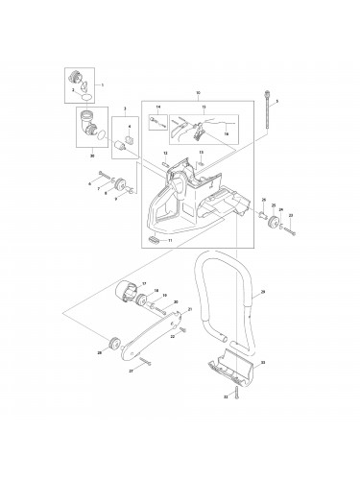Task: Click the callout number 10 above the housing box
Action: [x=198, y=94]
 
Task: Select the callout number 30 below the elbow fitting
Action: [x=91, y=154]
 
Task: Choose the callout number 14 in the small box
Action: [x=159, y=108]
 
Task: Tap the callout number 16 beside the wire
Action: [x=226, y=137]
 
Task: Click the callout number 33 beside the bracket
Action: [x=263, y=363]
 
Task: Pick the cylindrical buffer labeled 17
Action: [x=124, y=292]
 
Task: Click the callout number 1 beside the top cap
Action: [x=102, y=85]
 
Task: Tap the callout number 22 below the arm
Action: [x=171, y=337]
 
